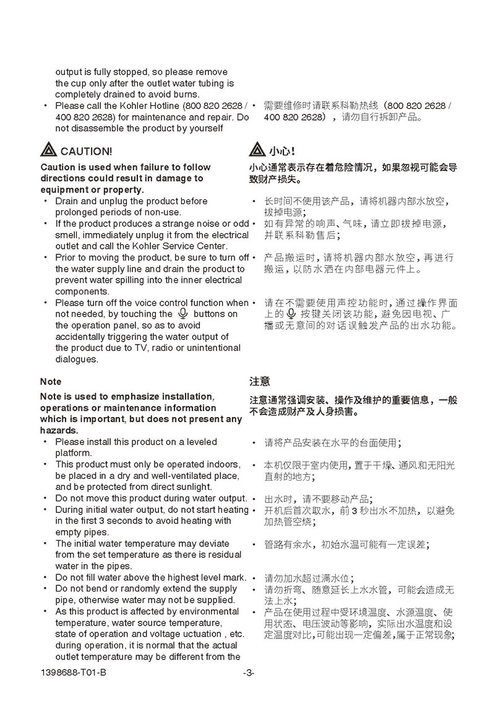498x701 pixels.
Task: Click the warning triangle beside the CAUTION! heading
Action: (x=49, y=150)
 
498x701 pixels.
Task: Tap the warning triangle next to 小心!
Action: (x=257, y=150)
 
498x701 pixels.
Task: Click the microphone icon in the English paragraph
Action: (x=183, y=314)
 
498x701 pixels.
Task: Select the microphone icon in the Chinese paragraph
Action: (x=283, y=314)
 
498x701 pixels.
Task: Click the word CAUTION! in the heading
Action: (x=87, y=151)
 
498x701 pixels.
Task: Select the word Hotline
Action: (x=163, y=106)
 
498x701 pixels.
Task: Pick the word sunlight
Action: (x=194, y=487)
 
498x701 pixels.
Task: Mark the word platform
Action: (x=72, y=453)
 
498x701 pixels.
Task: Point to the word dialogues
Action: (x=77, y=359)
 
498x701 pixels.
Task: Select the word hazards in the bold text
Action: (x=58, y=430)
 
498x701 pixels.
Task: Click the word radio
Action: (x=164, y=348)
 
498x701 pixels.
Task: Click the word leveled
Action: (x=198, y=442)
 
